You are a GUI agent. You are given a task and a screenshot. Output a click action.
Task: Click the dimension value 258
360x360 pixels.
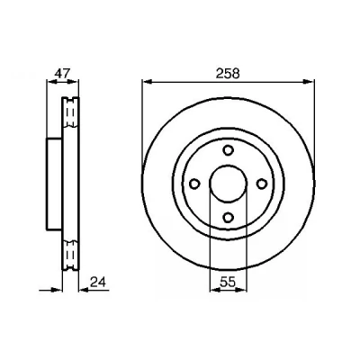228,74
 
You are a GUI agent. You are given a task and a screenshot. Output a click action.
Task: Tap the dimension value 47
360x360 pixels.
62,73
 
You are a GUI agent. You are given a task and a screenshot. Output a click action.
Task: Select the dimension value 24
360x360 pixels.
98,282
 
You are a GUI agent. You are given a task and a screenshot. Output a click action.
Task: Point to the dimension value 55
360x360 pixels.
228,282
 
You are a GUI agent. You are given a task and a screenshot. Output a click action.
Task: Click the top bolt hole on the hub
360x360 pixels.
229,149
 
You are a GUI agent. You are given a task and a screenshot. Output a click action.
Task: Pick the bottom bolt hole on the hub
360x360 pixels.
229,217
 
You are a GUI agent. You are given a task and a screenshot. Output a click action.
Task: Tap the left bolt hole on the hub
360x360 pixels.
195,184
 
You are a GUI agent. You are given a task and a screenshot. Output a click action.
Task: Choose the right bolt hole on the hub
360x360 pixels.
262,184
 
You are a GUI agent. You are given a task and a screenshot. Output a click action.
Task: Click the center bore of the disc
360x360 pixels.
228,184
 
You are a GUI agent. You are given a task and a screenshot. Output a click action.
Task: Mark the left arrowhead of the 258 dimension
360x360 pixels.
147,81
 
